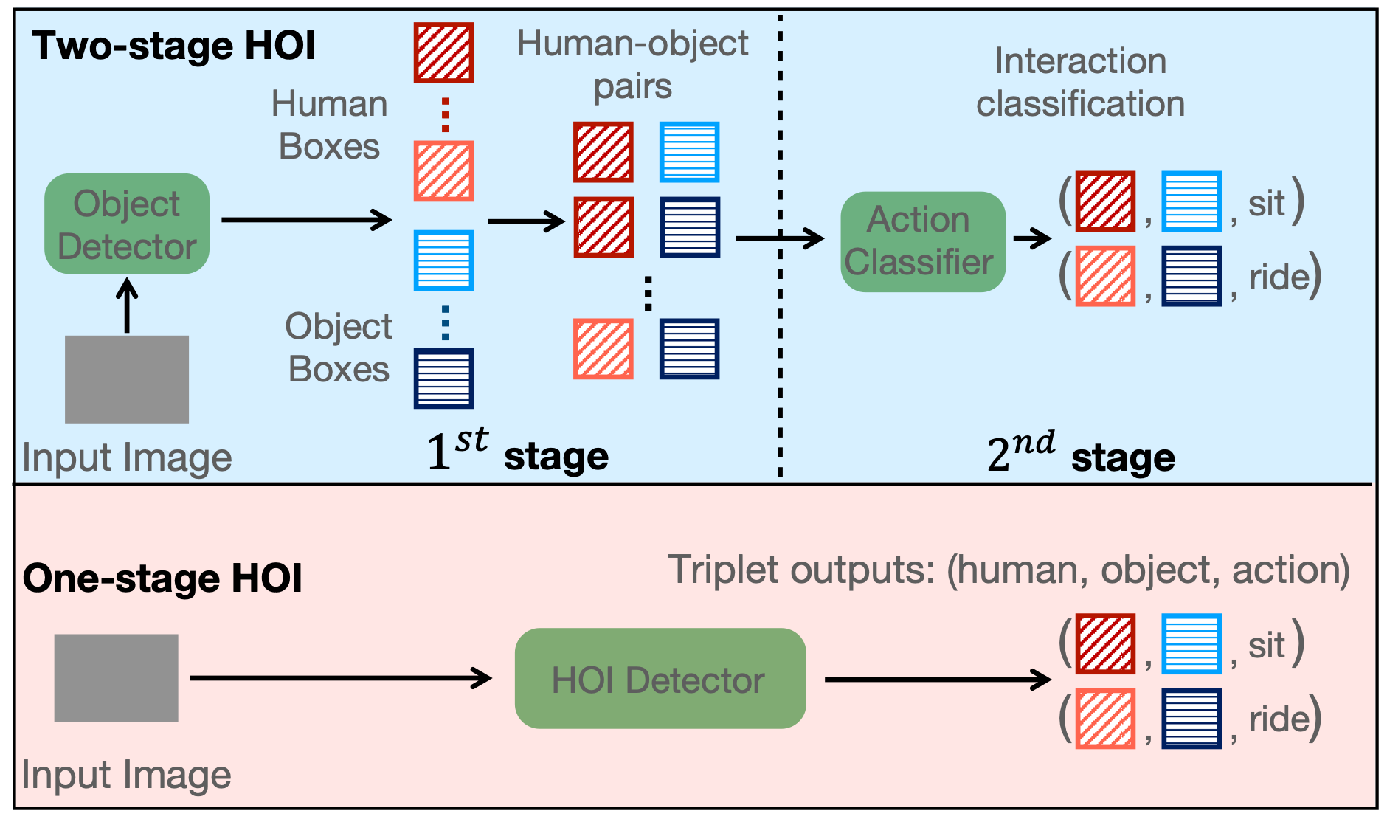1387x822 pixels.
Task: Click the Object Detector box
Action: (127, 224)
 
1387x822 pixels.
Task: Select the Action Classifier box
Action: (922, 241)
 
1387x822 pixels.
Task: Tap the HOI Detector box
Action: (660, 679)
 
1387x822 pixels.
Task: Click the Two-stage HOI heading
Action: (173, 46)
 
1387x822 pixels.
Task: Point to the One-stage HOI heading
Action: (162, 578)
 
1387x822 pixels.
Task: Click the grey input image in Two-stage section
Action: (127, 379)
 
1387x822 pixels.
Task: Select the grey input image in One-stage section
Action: (116, 677)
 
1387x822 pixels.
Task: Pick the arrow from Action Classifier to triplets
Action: (1032, 238)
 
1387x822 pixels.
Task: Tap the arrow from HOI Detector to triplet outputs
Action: (937, 679)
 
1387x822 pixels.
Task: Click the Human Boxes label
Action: (329, 125)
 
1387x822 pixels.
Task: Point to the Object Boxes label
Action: (339, 348)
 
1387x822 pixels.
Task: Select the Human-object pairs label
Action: (632, 65)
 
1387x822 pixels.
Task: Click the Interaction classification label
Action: (1080, 82)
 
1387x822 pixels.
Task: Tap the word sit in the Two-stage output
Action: (1266, 203)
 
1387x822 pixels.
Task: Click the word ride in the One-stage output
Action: (1279, 719)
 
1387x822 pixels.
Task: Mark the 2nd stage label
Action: (1080, 454)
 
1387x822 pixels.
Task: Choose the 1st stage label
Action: (517, 452)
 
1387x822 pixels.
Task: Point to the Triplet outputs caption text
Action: (1009, 570)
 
